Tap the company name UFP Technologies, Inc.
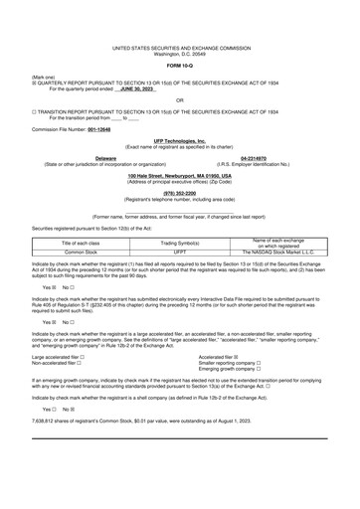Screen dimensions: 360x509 pyautogui.click(x=180, y=141)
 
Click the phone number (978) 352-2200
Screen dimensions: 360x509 pyautogui.click(x=180, y=193)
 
